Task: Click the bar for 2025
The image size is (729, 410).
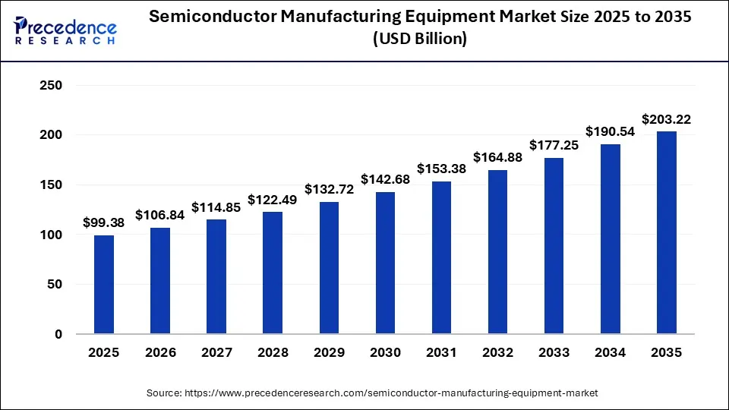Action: pos(104,285)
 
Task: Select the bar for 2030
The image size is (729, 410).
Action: pos(385,263)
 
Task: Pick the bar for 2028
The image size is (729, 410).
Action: pos(273,273)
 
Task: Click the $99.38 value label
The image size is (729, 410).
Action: pos(104,223)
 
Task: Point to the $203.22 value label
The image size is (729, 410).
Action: pos(666,119)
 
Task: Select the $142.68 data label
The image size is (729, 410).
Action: pos(385,180)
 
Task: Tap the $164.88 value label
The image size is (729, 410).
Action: pos(497,158)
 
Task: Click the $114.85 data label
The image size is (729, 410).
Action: pos(216,207)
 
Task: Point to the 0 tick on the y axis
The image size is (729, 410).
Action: pos(57,334)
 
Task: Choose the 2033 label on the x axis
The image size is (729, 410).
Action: pos(554,353)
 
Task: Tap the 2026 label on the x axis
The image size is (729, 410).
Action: pos(160,353)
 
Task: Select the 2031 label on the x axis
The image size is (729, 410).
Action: pos(441,353)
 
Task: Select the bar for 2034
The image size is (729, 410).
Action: pos(610,239)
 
